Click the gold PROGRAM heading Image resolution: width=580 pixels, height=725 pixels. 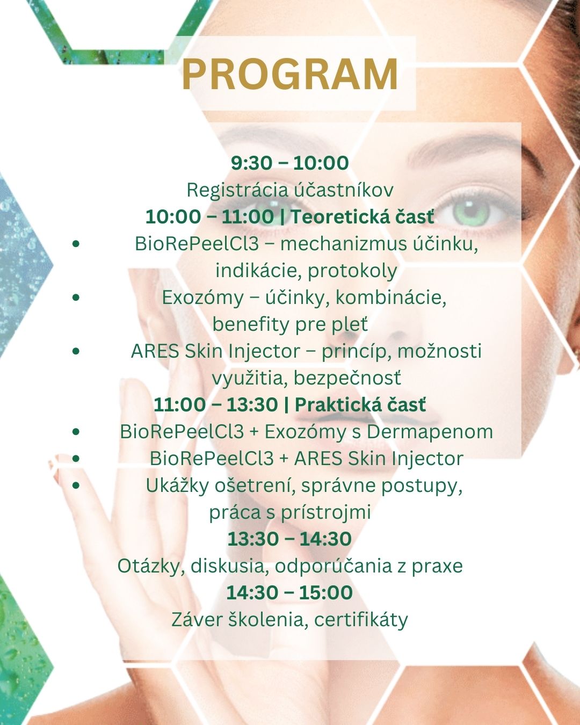pyautogui.click(x=290, y=74)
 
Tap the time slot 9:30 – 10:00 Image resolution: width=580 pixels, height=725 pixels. pyautogui.click(x=290, y=163)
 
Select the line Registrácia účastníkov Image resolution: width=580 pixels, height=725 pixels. pyautogui.click(x=290, y=190)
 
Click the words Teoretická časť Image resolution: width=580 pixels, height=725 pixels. pyautogui.click(x=363, y=216)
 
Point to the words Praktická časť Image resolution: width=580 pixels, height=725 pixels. pyautogui.click(x=360, y=404)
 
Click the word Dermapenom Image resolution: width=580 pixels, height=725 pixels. pyautogui.click(x=430, y=432)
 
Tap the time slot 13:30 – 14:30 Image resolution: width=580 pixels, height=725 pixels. pyautogui.click(x=289, y=539)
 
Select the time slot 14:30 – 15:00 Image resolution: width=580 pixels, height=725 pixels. pyautogui.click(x=289, y=592)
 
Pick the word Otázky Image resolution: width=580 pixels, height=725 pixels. pyautogui.click(x=151, y=567)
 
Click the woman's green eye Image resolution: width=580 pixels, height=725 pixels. pyautogui.click(x=472, y=212)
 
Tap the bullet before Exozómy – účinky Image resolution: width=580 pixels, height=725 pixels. pyautogui.click(x=76, y=297)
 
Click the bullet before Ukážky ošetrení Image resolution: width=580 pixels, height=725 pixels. pyautogui.click(x=76, y=485)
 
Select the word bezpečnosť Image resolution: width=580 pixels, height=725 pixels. pyautogui.click(x=347, y=379)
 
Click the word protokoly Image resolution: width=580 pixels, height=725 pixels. pyautogui.click(x=352, y=271)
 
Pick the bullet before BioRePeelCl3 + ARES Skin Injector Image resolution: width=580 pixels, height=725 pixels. pyautogui.click(x=76, y=459)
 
